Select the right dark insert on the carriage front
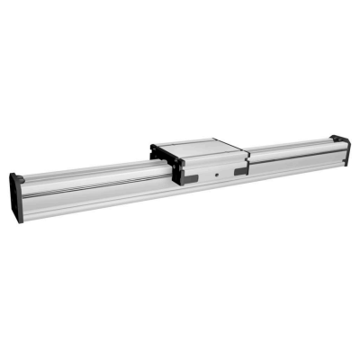pyautogui.click(x=239, y=171)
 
